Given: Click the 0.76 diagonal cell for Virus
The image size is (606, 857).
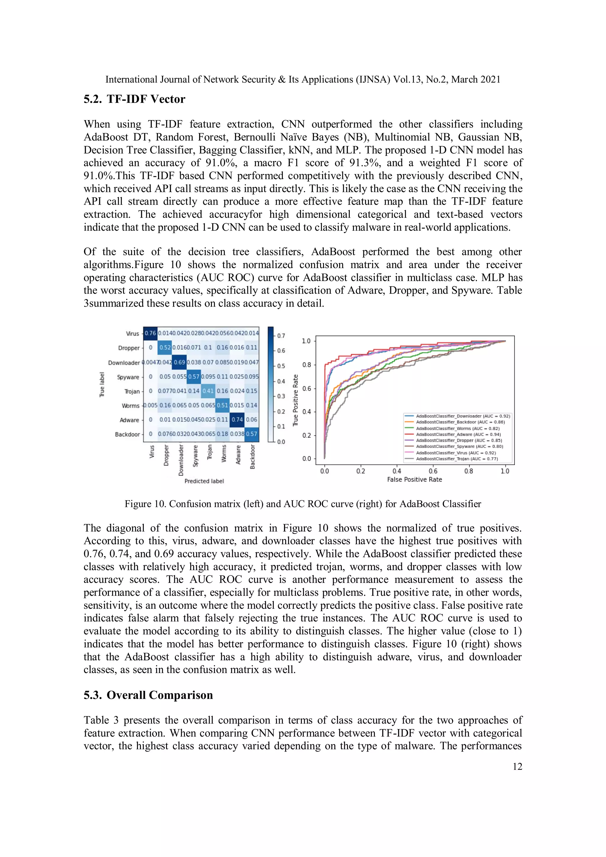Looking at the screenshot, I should click(x=150, y=333).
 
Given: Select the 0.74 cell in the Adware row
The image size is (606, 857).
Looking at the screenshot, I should click(x=237, y=419).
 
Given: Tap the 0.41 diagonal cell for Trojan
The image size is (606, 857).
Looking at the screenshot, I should click(x=208, y=391).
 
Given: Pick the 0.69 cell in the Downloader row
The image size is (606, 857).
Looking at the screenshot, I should click(x=179, y=362).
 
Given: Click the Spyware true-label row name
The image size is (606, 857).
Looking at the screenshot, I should click(x=128, y=377).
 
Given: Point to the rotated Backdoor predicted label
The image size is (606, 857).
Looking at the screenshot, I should click(x=252, y=456).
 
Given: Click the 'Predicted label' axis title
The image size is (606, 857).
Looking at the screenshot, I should click(x=204, y=481).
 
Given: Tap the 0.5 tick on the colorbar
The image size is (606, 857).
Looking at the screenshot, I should click(x=281, y=366).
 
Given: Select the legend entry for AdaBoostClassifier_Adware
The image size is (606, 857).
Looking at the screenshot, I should click(x=458, y=434).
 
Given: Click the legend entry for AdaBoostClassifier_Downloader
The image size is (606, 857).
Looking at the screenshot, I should click(x=462, y=416).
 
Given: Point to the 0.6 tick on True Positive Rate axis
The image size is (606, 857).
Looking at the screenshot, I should click(x=306, y=388).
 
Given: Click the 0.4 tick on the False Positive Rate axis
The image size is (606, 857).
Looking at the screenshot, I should click(x=397, y=471).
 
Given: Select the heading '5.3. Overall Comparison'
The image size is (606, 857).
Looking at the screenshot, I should click(x=148, y=695).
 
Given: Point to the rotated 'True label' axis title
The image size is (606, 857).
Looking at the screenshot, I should click(x=102, y=385).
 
